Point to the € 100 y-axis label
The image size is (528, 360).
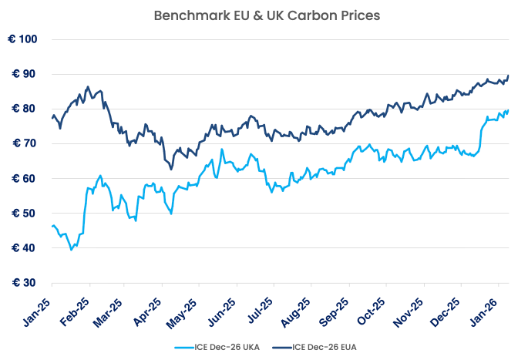pos(23,39)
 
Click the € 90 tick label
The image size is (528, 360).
pos(25,74)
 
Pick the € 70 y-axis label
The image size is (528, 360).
pos(25,143)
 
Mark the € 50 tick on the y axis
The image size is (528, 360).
pos(25,214)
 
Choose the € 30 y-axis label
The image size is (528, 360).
pos(25,283)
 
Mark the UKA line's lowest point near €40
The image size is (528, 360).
pos(72,249)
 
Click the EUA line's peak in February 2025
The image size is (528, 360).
pos(88,86)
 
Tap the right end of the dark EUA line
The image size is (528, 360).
pos(509,76)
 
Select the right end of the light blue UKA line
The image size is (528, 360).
pos(508,109)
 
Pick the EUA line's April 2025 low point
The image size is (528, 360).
pos(171,169)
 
